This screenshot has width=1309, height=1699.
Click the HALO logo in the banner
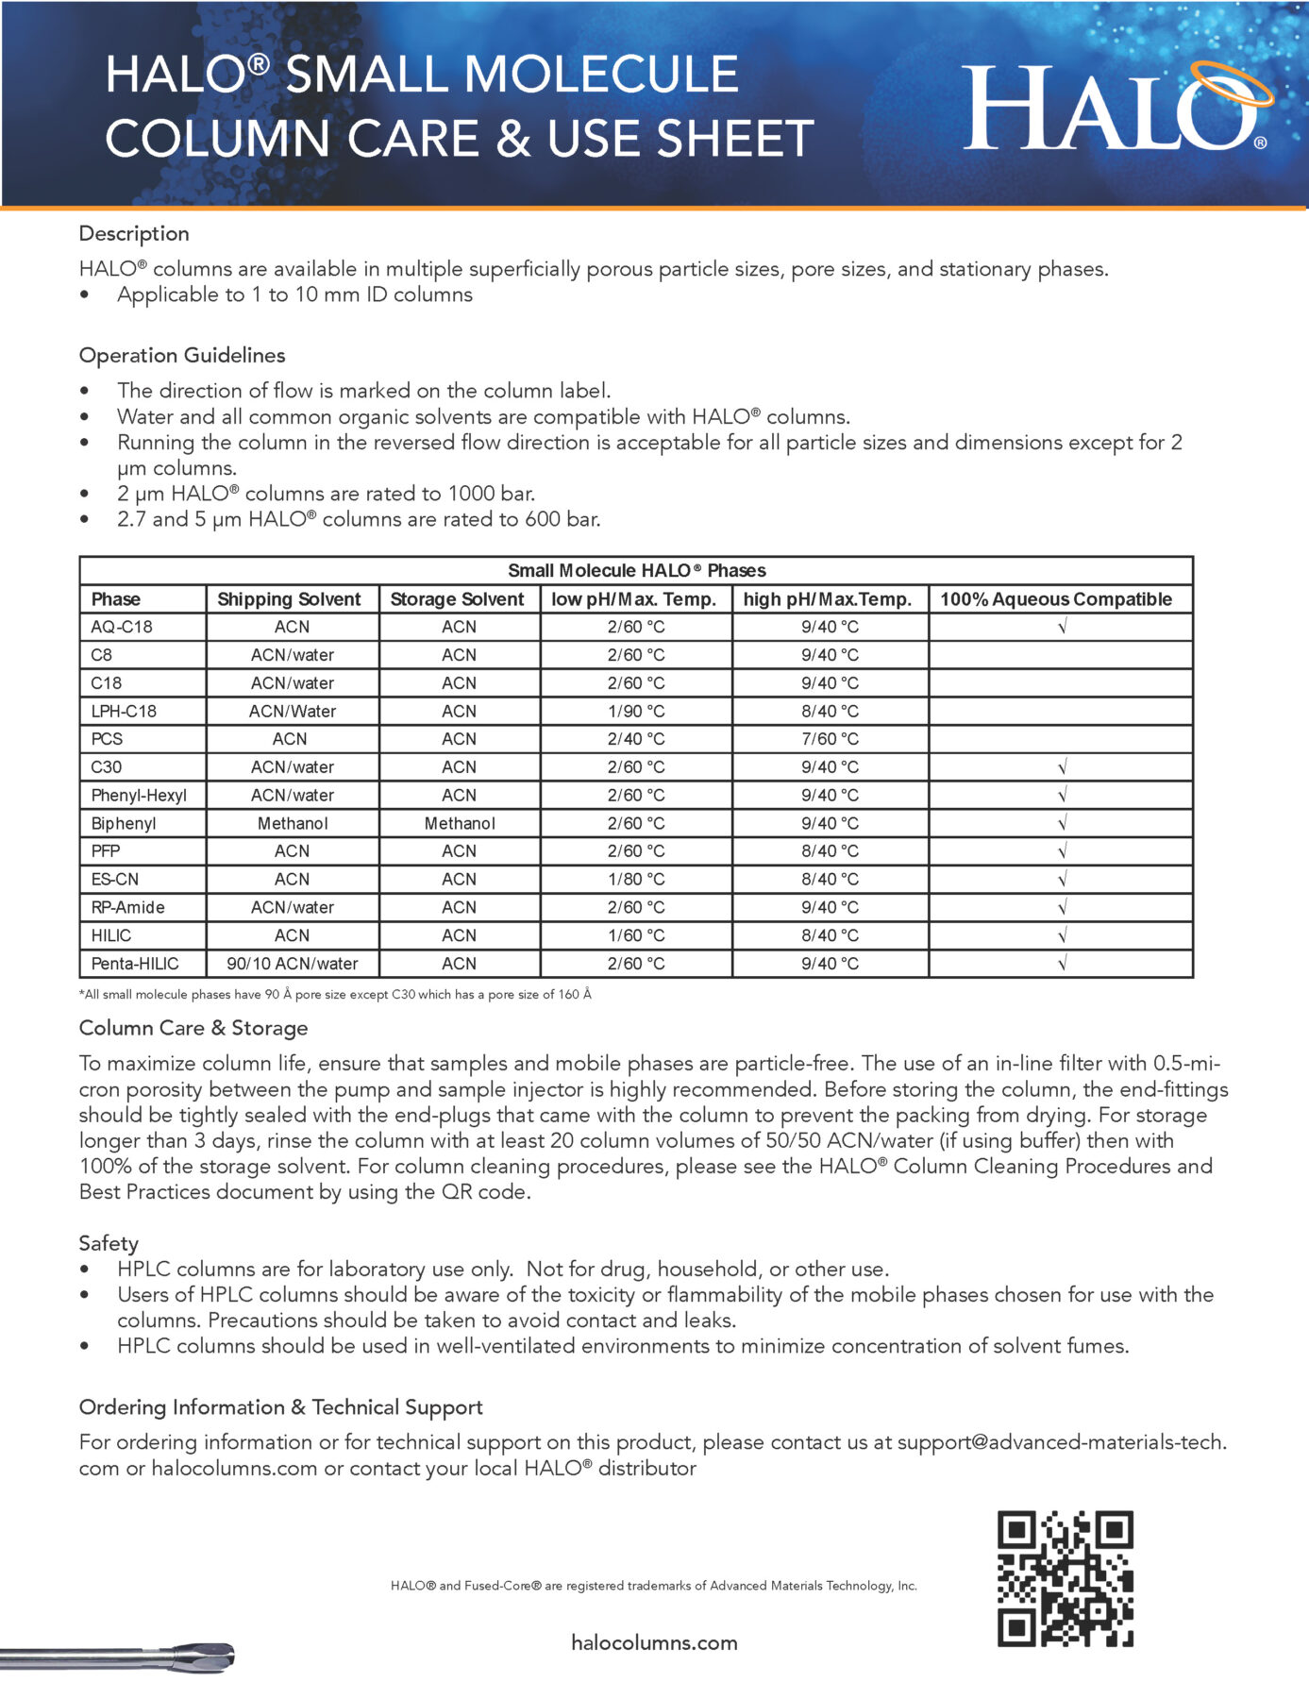(x=1114, y=107)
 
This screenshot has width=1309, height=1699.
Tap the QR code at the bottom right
(x=1065, y=1578)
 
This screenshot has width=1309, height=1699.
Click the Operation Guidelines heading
(x=182, y=356)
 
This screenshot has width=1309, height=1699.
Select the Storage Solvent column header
(x=457, y=599)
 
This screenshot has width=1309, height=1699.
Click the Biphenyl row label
(x=124, y=823)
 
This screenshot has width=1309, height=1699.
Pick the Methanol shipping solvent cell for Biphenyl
(x=293, y=823)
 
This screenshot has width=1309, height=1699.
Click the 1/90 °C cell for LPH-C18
(x=636, y=711)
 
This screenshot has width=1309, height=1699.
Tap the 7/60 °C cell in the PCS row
(x=830, y=739)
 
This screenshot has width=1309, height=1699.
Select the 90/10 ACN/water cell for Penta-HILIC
(x=293, y=964)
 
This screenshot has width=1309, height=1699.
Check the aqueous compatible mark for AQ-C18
(x=1063, y=627)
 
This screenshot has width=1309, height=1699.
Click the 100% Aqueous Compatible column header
(x=1056, y=599)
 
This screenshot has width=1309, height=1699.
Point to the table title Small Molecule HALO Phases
(x=636, y=570)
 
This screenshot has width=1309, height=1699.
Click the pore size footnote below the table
(x=335, y=994)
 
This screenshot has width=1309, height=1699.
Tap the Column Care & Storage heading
(x=193, y=1028)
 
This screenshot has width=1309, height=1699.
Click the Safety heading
(x=109, y=1243)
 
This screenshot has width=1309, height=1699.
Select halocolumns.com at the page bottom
(x=654, y=1642)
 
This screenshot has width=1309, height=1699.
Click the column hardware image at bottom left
(x=118, y=1657)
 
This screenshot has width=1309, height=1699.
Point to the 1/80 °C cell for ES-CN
(x=636, y=880)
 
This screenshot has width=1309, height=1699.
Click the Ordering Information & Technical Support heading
(x=280, y=1407)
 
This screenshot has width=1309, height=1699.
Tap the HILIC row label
(x=111, y=935)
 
